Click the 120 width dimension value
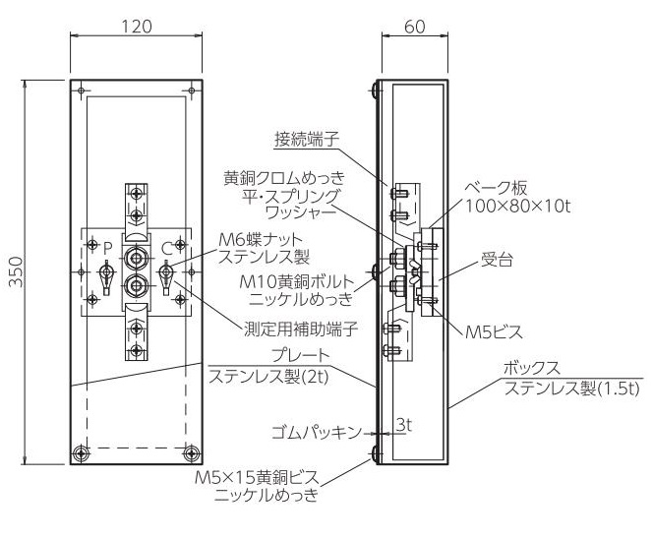click(137, 27)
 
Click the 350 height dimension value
click(17, 271)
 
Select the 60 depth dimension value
click(415, 27)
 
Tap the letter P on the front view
click(108, 249)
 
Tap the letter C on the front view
click(167, 249)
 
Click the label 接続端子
click(307, 140)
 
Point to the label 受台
click(497, 260)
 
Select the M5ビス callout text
click(494, 331)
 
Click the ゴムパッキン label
click(317, 433)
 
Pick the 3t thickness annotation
click(404, 425)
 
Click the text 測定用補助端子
click(301, 329)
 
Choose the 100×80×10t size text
click(517, 206)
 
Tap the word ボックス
click(532, 369)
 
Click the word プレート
click(301, 356)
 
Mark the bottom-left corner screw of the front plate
click(81, 453)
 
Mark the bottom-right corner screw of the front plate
click(192, 453)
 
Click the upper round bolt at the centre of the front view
click(136, 258)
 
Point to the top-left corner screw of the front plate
click(81, 90)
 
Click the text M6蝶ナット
click(261, 240)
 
